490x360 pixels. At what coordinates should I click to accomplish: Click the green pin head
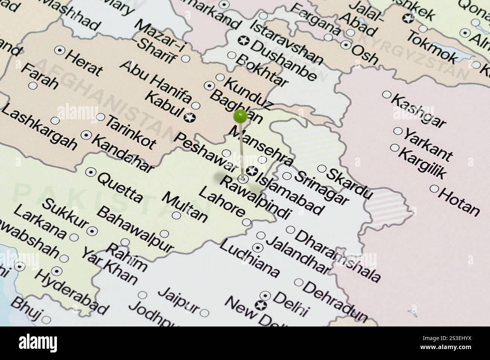coord(240,116)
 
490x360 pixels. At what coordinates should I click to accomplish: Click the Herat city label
coord(84,63)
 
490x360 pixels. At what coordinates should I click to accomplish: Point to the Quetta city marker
coord(90,172)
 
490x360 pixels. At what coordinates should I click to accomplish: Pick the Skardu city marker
coord(322,169)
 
